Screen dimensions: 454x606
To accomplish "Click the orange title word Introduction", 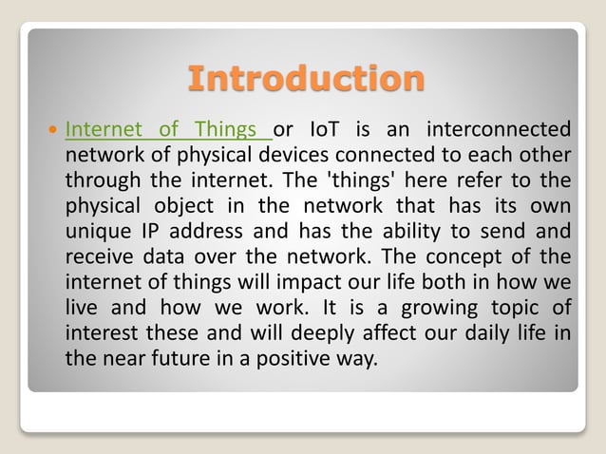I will coord(304,78).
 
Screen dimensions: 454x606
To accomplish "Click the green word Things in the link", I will coord(225,129).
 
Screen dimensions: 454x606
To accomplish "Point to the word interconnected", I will coord(499,129).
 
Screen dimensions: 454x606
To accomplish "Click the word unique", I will coord(96,232).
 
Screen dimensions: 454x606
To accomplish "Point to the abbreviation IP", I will coord(152,232).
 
